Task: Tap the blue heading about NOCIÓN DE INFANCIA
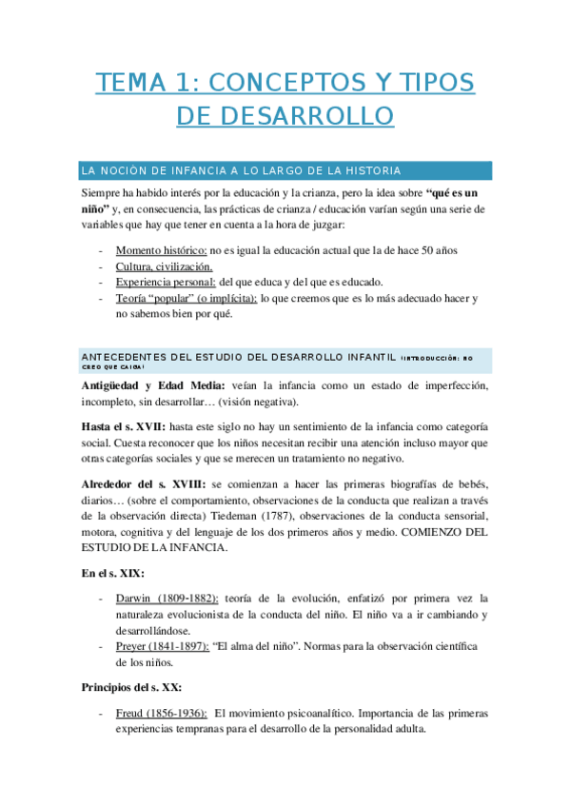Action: click(241, 170)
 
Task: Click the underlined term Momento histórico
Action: click(161, 250)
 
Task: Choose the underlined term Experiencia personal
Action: click(166, 283)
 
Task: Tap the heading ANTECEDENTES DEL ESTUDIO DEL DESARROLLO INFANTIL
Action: click(238, 357)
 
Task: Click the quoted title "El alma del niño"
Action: click(271, 645)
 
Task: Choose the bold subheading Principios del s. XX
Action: click(131, 686)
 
